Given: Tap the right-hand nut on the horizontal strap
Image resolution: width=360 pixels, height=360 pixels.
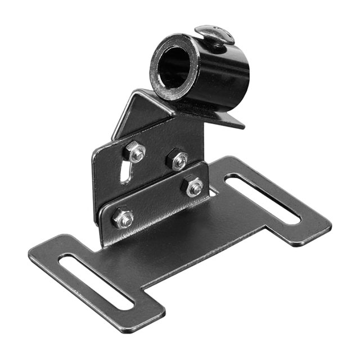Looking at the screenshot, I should click(x=193, y=186).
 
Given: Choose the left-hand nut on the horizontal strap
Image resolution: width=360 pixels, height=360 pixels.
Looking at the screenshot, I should click(x=123, y=218).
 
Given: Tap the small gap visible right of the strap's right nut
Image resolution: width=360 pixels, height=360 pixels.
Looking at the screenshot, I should click(x=212, y=192).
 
